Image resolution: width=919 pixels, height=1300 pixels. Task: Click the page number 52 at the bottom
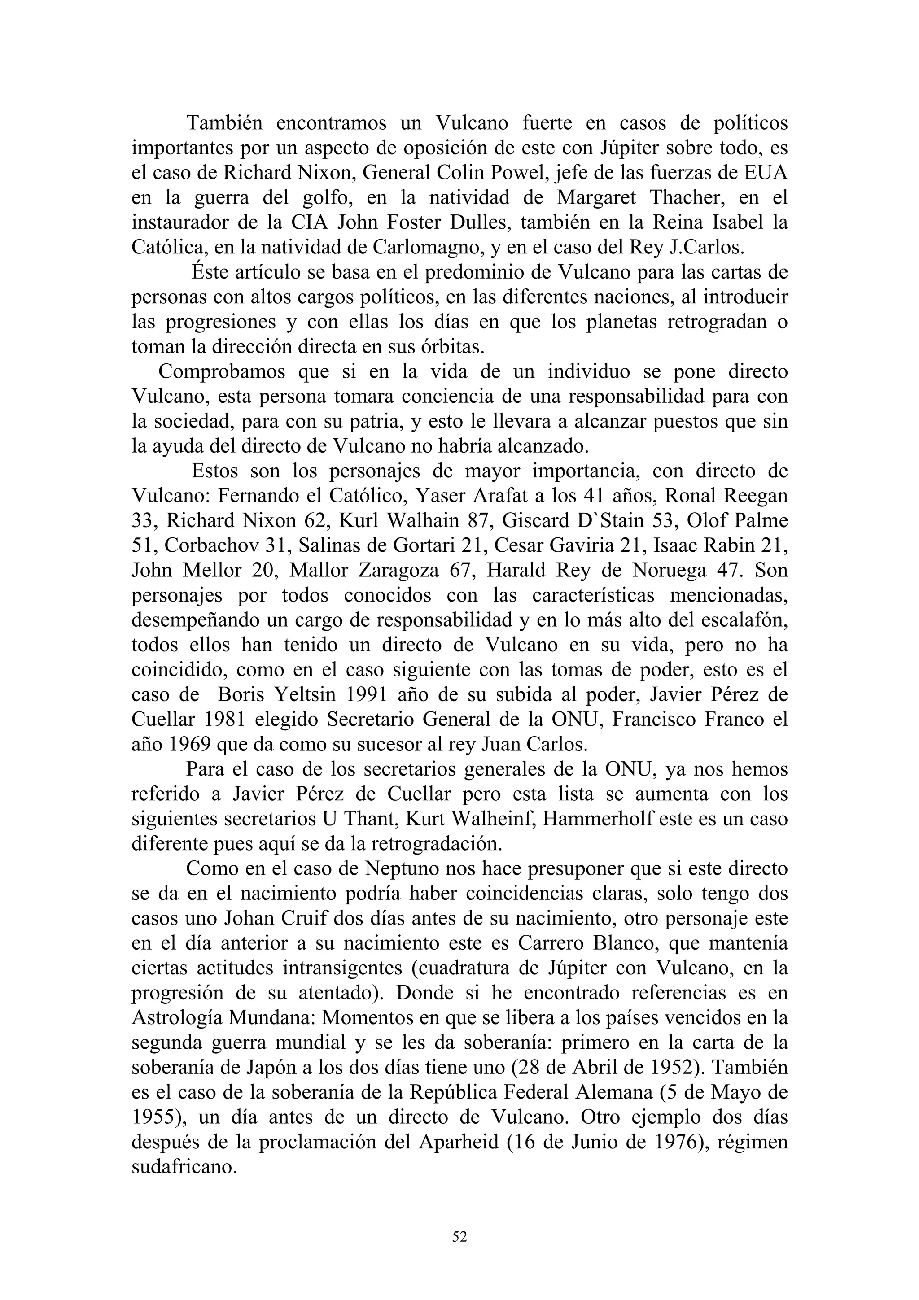point(459,1237)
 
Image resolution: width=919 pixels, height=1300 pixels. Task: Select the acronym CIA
point(310,222)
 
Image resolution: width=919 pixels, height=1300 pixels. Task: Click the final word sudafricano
point(184,1167)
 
